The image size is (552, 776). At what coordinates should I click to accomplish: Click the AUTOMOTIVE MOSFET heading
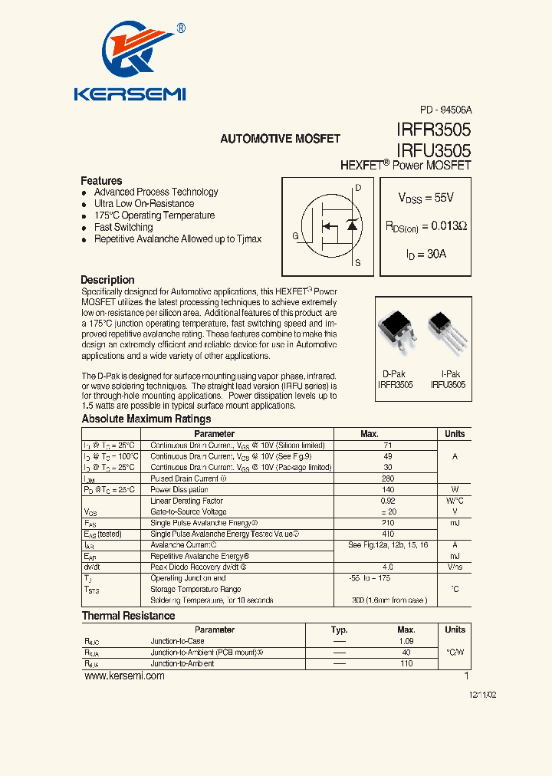(280, 139)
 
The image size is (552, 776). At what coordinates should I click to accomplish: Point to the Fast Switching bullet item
(123, 227)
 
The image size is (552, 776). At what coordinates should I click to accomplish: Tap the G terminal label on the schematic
(295, 235)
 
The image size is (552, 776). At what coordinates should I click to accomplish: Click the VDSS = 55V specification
(426, 198)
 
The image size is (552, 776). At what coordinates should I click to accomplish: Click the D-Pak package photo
(397, 331)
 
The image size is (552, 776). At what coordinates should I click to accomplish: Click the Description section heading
(107, 280)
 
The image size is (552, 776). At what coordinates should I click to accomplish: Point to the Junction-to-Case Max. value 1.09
(406, 641)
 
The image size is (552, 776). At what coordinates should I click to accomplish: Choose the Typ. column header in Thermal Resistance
(339, 630)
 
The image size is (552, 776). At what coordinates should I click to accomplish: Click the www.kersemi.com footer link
(124, 676)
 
